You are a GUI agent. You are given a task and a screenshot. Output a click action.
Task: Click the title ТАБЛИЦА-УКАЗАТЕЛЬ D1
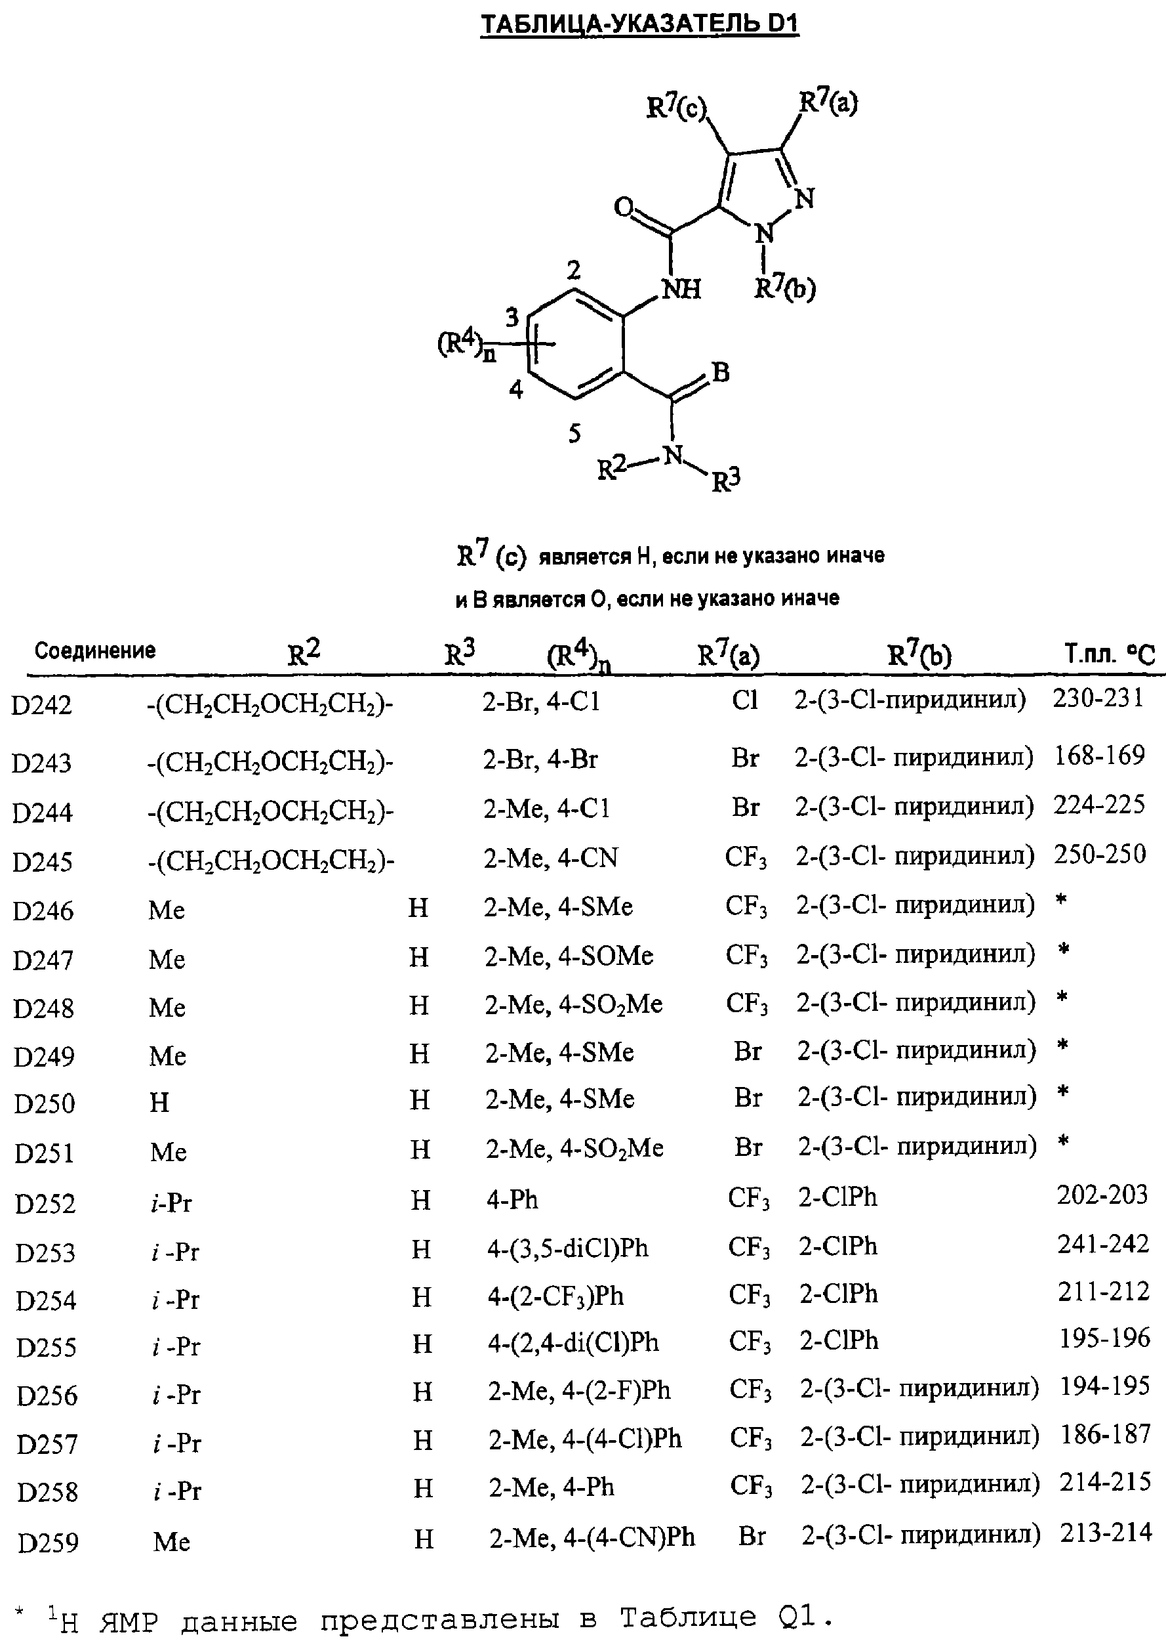[639, 25]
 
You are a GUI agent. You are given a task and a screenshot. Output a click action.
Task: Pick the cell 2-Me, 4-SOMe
[569, 956]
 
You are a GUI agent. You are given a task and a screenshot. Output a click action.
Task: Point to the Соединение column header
[96, 650]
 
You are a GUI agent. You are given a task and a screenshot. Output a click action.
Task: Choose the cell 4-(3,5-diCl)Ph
[568, 1248]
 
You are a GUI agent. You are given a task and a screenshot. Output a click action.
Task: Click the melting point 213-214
[1106, 1533]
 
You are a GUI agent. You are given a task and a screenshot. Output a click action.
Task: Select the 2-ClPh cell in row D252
[838, 1197]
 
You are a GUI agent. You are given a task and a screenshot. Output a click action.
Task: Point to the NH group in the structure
[681, 289]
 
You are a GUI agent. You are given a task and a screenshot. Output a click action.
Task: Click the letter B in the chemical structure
[720, 372]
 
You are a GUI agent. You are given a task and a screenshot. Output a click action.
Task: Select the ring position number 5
[574, 433]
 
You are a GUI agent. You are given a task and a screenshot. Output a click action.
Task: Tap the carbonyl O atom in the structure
[624, 208]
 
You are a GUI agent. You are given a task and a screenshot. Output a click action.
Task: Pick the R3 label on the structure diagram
[726, 479]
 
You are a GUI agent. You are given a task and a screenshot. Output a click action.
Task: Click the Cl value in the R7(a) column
[744, 699]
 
